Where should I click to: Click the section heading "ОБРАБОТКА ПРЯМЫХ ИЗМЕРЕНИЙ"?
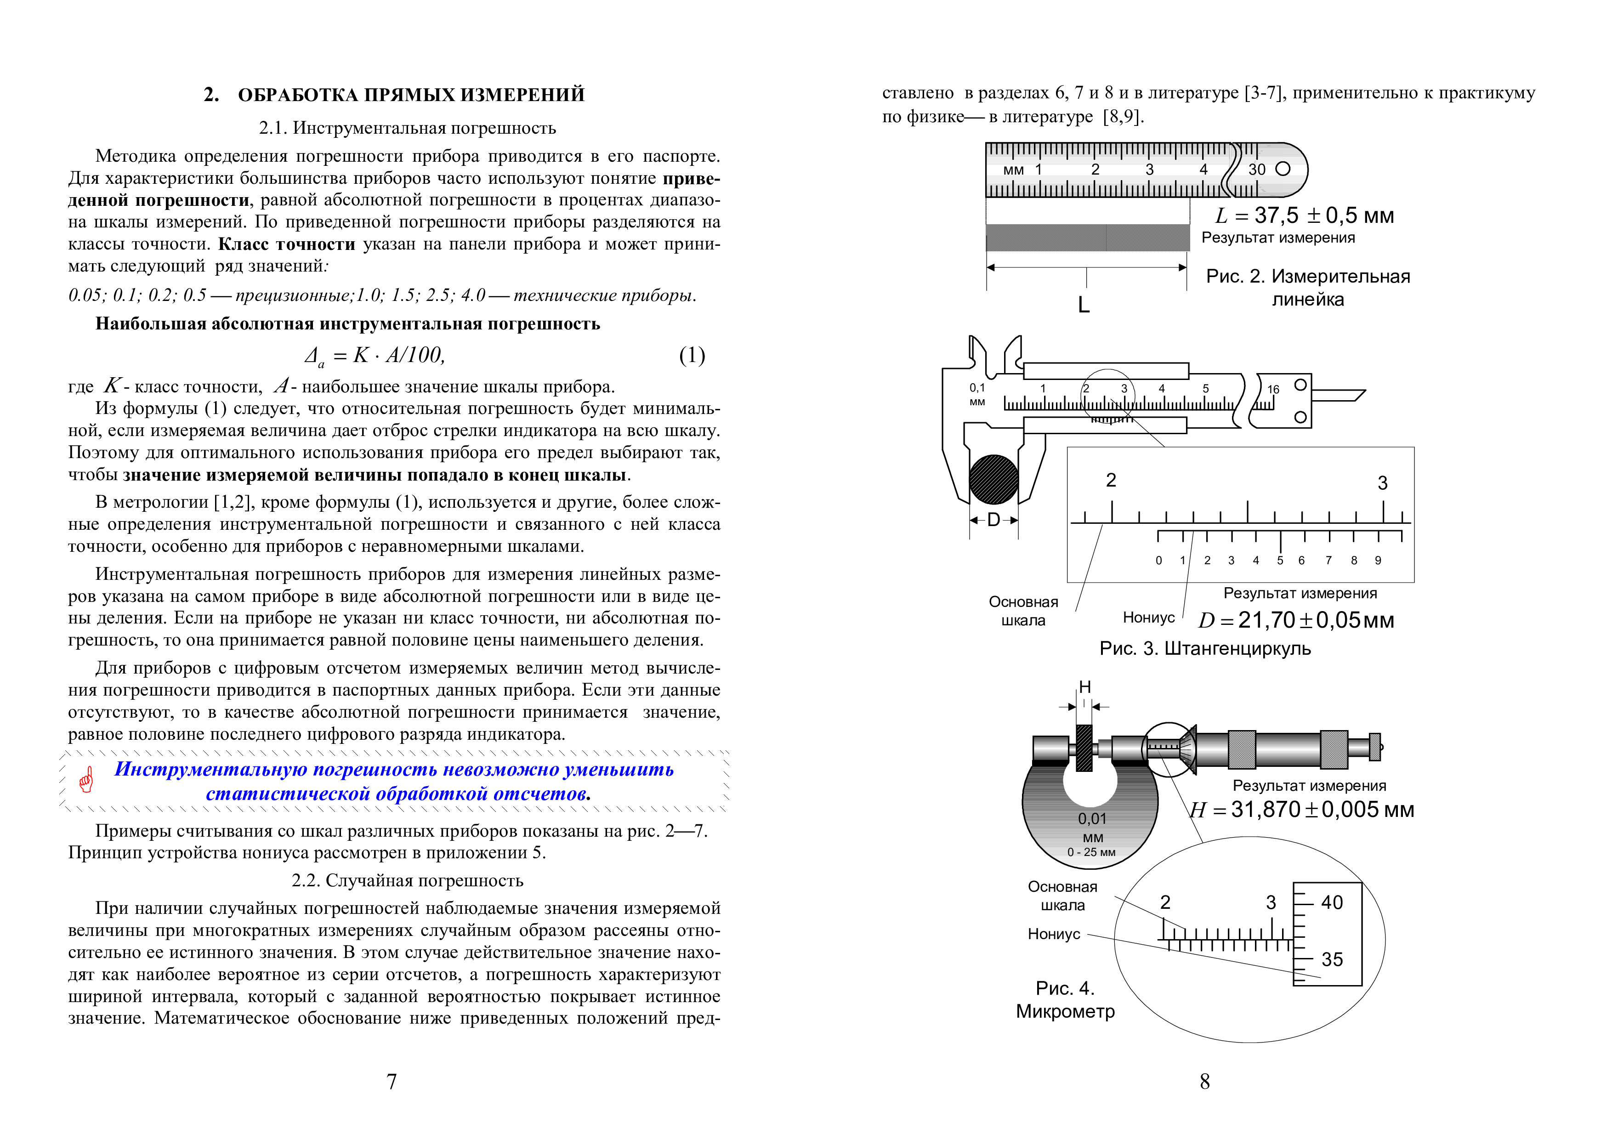tap(411, 95)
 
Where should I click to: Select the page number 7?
tap(392, 1082)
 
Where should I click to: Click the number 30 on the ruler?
tap(1257, 169)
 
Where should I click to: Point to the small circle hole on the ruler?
tap(1283, 169)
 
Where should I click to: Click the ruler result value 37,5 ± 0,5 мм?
tap(1323, 215)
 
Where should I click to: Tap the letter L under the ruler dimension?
tap(1084, 305)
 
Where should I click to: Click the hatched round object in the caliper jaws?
tap(993, 479)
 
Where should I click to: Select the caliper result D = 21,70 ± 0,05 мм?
tap(1296, 620)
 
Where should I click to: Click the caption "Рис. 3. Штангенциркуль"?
tap(1205, 648)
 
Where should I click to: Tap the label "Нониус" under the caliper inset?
tap(1149, 618)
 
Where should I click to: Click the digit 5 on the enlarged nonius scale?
tap(1280, 560)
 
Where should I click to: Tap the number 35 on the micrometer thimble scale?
tap(1332, 959)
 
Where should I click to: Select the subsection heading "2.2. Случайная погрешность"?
tap(407, 881)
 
